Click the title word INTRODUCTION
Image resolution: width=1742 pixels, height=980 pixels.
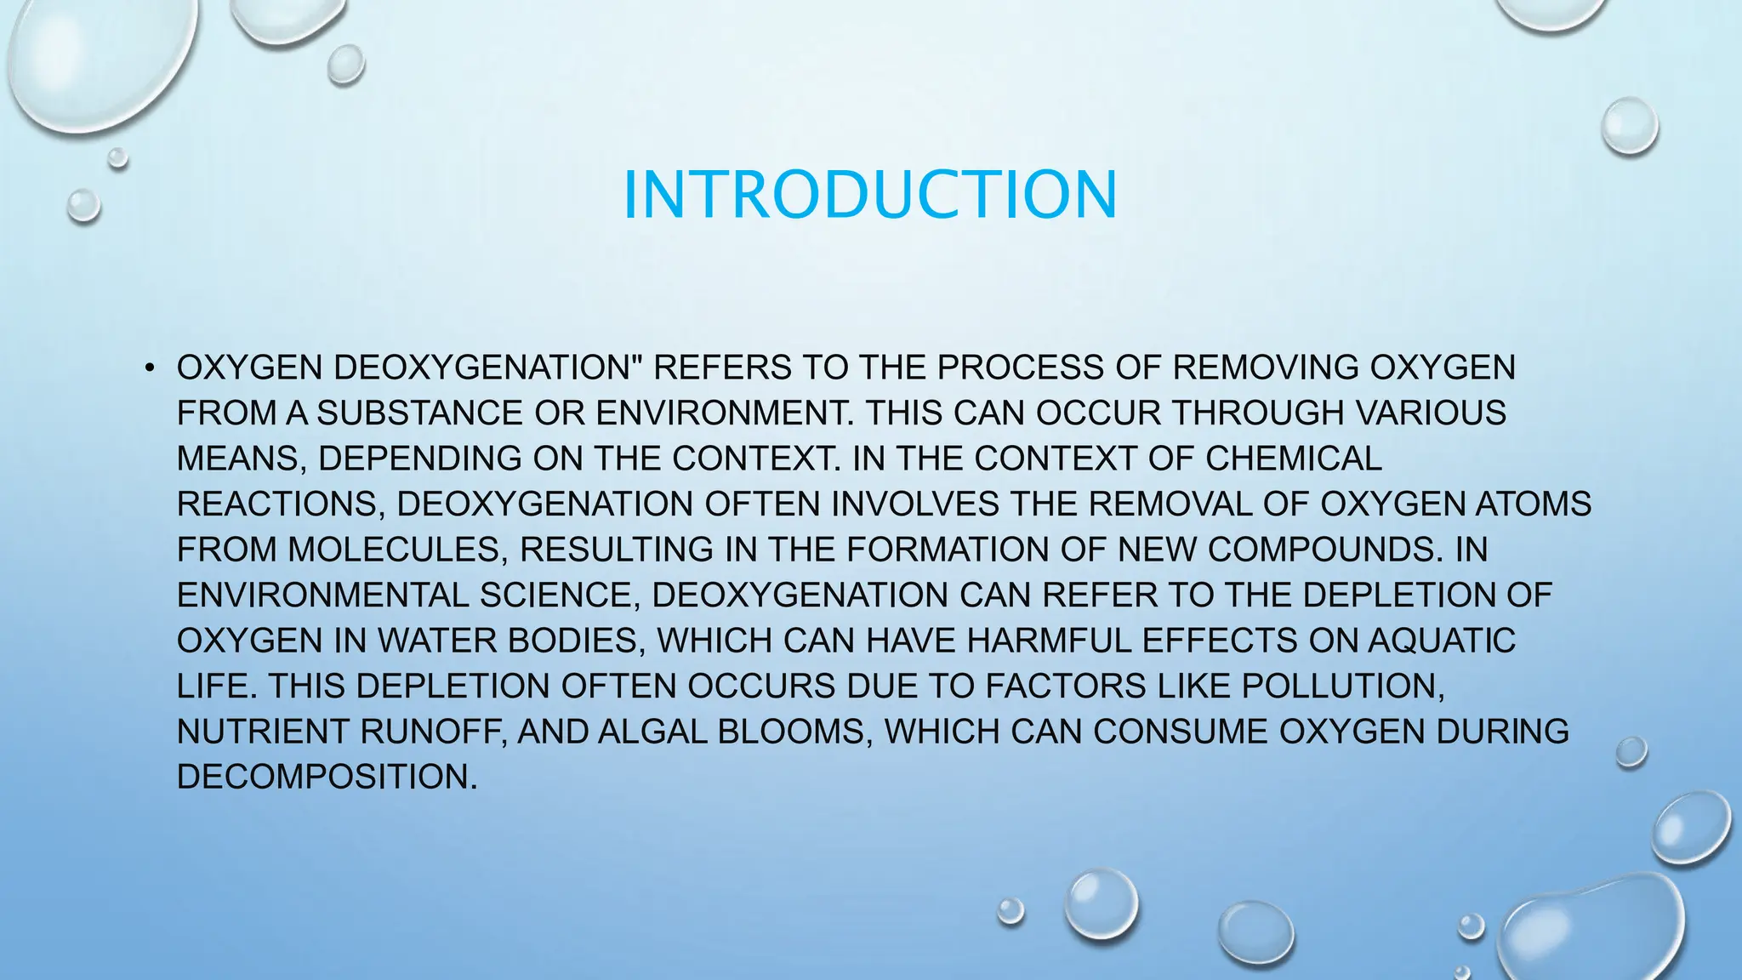(869, 195)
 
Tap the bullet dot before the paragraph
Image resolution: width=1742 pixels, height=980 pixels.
(150, 368)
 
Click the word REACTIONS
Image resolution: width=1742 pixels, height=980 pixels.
(276, 504)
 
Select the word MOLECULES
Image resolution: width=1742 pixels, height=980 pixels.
(394, 550)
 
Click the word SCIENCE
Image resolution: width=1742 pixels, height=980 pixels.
(558, 595)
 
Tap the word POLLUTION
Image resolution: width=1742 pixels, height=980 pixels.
(1343, 686)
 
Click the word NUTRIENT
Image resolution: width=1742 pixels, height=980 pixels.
(263, 732)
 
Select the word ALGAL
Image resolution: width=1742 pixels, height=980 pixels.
(653, 732)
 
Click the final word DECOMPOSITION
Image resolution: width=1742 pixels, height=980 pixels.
(327, 777)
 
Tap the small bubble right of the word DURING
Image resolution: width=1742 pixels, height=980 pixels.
(1631, 752)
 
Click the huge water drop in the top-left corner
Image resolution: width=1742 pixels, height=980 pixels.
(98, 60)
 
